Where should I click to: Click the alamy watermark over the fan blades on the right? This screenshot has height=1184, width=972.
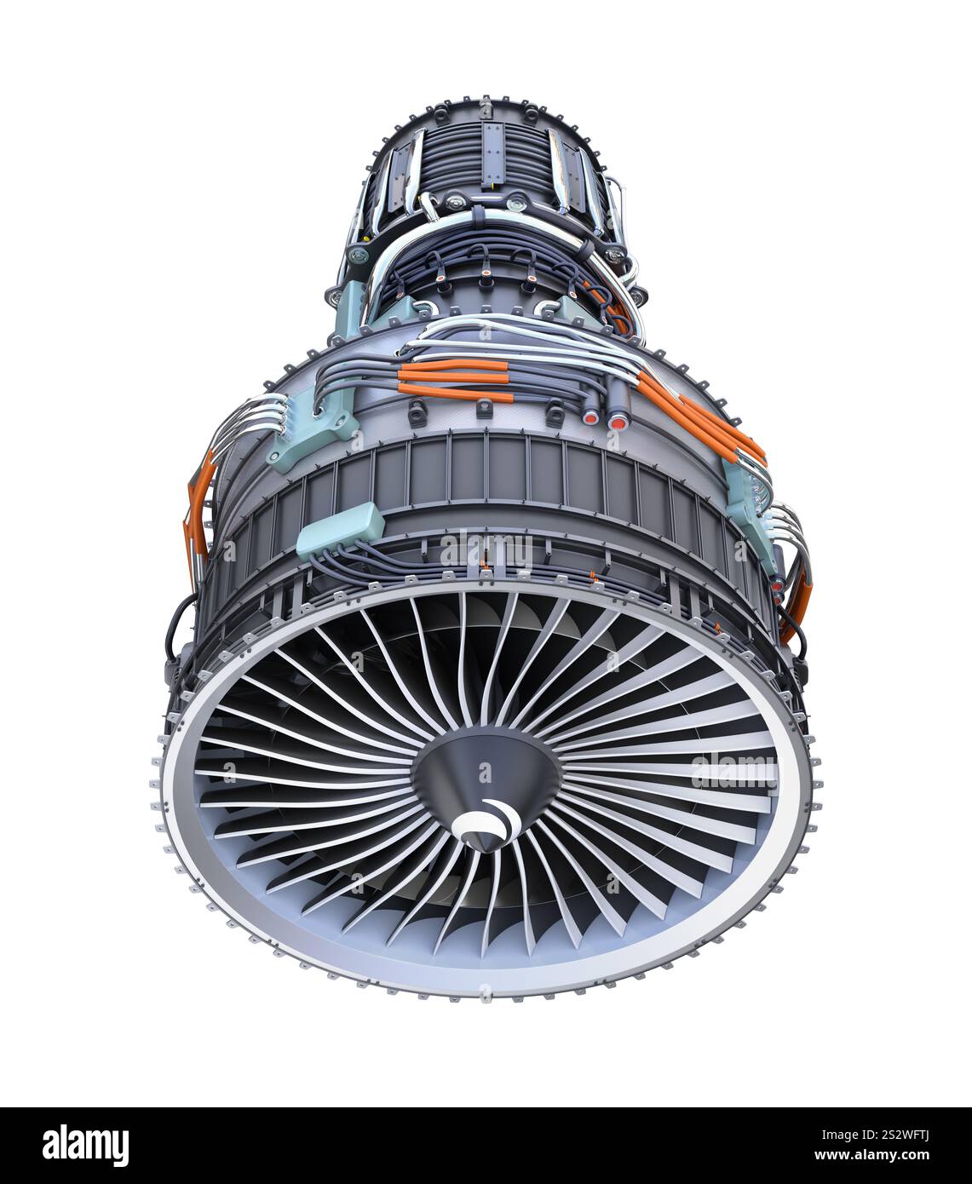(731, 771)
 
